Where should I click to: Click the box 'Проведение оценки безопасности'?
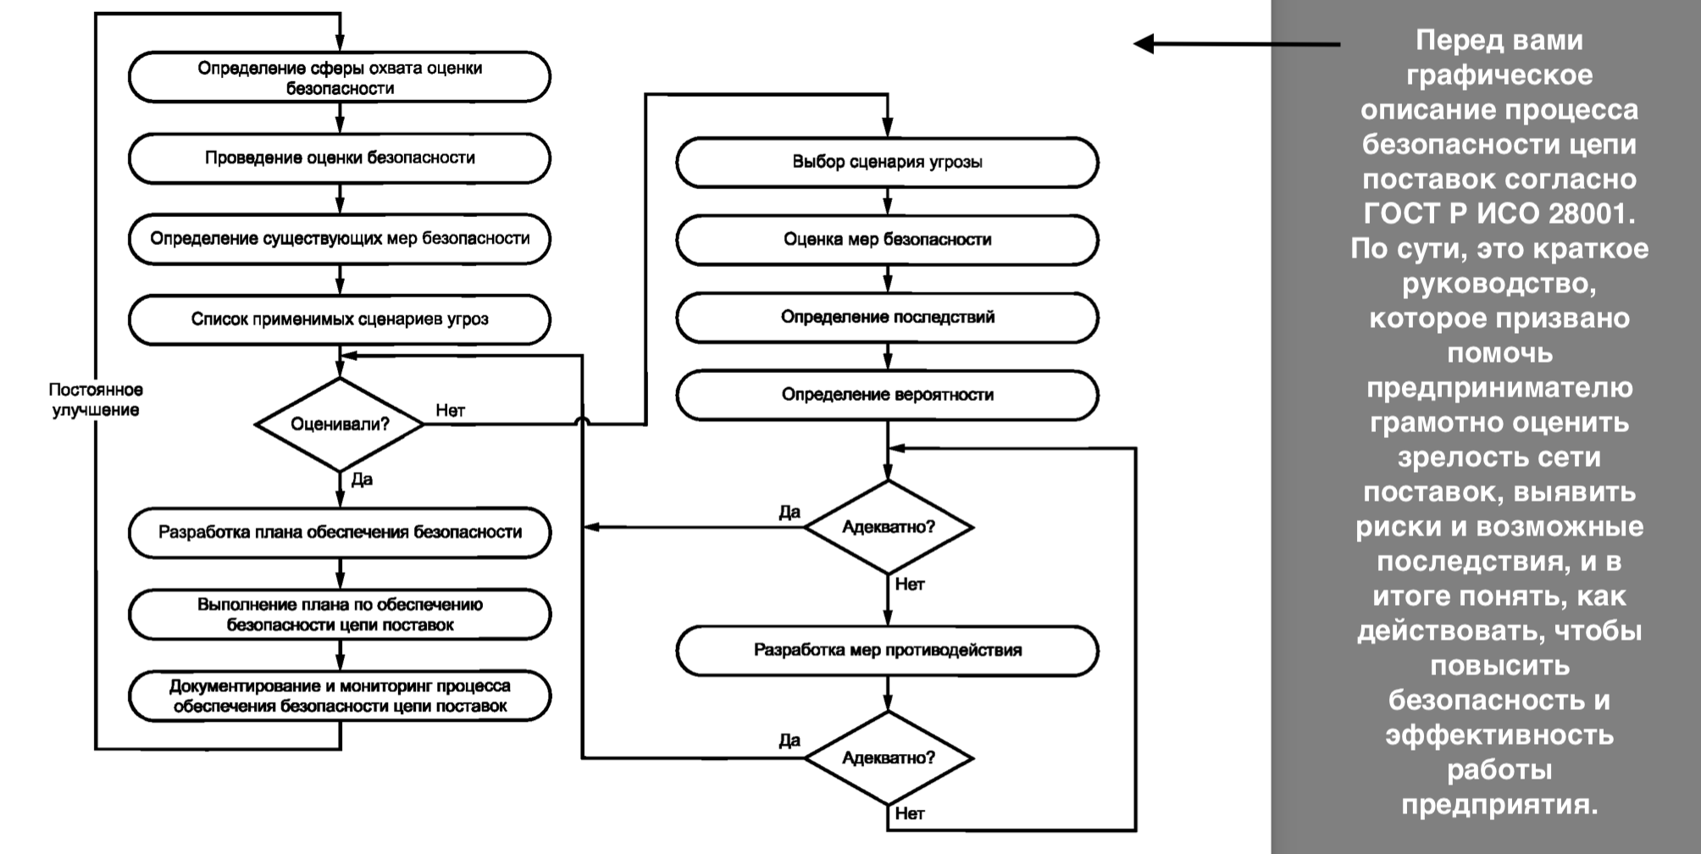pos(340,158)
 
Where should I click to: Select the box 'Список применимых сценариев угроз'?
pos(340,319)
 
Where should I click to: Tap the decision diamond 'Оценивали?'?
pos(340,424)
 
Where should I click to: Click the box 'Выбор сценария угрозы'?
pos(887,162)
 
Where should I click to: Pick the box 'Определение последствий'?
pos(887,318)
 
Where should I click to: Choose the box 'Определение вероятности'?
pos(887,395)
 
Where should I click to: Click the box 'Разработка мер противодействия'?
pos(887,651)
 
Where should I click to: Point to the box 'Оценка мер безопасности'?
pos(887,240)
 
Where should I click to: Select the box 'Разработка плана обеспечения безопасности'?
pos(340,533)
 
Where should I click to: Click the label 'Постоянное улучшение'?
pos(96,400)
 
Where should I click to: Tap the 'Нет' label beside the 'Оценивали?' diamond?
pos(450,410)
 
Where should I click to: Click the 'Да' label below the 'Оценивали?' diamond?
pos(362,480)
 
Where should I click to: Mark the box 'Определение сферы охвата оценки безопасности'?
pos(340,77)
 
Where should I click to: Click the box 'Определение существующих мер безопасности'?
pos(340,239)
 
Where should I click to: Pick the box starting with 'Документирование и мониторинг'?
pos(340,696)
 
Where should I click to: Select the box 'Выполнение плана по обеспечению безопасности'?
pos(340,614)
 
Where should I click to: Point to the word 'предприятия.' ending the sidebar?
pos(1499,804)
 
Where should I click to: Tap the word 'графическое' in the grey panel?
pos(1499,75)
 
